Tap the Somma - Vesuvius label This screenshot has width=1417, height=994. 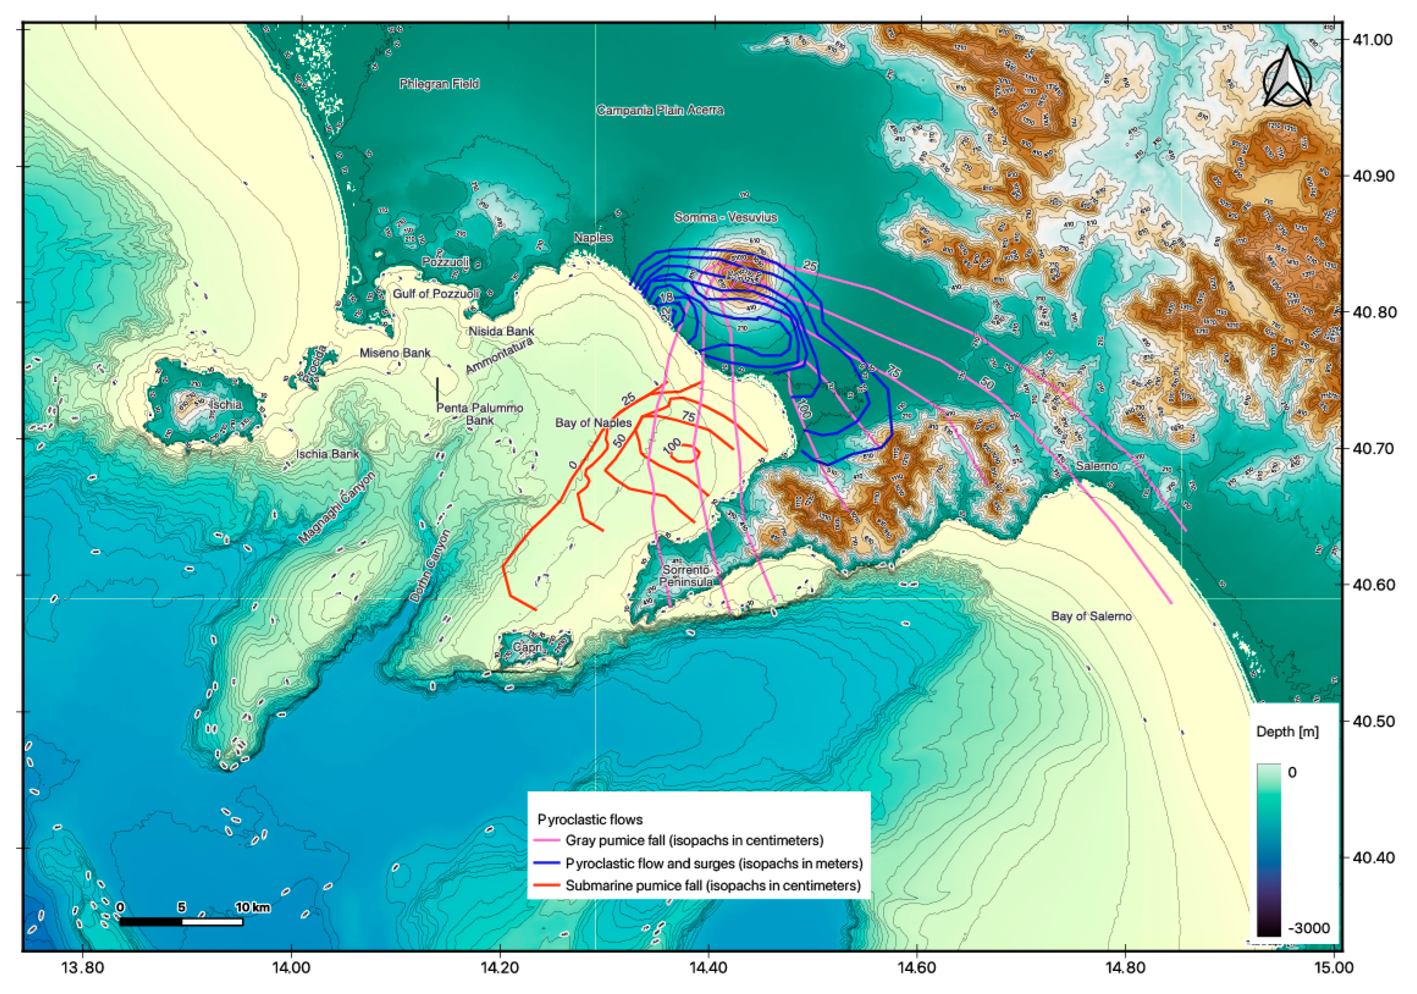pyautogui.click(x=725, y=217)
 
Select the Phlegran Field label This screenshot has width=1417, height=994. pyautogui.click(x=439, y=84)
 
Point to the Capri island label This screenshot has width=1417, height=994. pyautogui.click(x=528, y=647)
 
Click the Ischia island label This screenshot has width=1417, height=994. pyautogui.click(x=226, y=405)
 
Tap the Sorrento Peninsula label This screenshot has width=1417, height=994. pyautogui.click(x=685, y=576)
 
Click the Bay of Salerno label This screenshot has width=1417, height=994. pyautogui.click(x=1091, y=616)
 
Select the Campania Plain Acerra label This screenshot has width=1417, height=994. pyautogui.click(x=660, y=111)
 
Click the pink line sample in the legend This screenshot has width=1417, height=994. pyautogui.click(x=546, y=840)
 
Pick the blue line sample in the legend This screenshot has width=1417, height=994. pyautogui.click(x=546, y=863)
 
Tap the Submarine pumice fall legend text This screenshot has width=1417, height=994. pyautogui.click(x=713, y=885)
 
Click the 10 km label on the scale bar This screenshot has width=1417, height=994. pyautogui.click(x=252, y=907)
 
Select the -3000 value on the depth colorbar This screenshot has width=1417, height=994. pyautogui.click(x=1309, y=928)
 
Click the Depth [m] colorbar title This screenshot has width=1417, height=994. pyautogui.click(x=1288, y=732)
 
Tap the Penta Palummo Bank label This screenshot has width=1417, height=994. pyautogui.click(x=480, y=414)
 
